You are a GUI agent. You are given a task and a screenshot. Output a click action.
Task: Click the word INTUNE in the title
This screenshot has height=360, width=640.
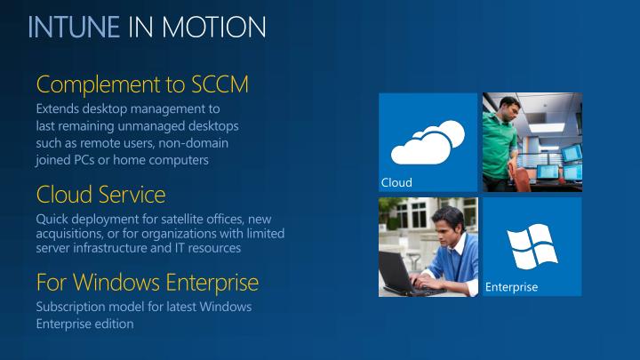73,27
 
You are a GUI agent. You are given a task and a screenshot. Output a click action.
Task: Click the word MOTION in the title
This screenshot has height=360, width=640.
221,27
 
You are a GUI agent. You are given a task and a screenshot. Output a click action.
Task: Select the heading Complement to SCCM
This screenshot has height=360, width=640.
141,84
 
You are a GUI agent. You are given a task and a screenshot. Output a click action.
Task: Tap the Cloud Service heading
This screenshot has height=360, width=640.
100,194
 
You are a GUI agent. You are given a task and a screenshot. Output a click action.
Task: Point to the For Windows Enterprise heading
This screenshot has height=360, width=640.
147,283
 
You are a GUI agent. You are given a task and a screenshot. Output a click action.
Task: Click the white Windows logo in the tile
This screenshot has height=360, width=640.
532,244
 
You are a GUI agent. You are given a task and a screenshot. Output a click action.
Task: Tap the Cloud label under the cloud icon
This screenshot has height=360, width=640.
396,182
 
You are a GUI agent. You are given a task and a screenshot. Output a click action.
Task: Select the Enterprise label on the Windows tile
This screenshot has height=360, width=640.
511,287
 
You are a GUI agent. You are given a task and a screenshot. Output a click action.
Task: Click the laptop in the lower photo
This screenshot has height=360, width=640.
405,273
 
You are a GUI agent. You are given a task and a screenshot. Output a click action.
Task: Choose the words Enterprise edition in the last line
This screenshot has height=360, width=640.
84,324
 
